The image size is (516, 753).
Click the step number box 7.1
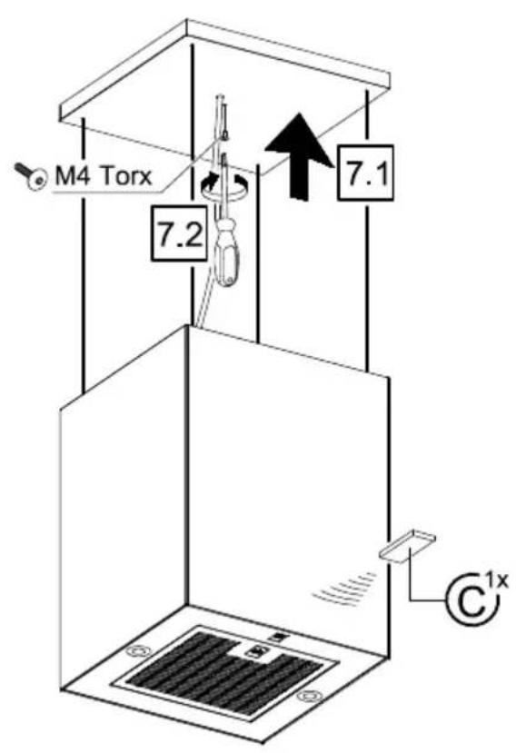(364, 172)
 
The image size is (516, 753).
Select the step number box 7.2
(180, 233)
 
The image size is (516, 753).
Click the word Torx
(124, 176)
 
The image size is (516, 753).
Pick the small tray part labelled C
(407, 545)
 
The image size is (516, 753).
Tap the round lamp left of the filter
(139, 651)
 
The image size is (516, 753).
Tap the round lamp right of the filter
(310, 696)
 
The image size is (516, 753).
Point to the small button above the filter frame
(277, 639)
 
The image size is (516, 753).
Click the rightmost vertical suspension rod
(367, 231)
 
